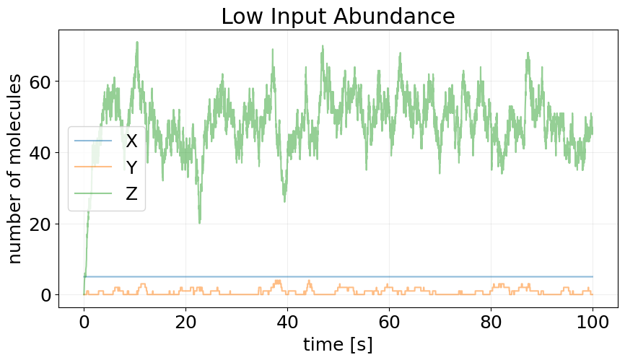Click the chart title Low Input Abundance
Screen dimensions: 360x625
[338, 16]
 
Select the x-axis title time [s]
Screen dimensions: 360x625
[338, 344]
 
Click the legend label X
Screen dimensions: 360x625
[131, 141]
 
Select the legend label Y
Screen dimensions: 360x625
[131, 167]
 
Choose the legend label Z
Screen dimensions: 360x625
[131, 193]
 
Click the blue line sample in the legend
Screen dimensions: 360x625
[93, 141]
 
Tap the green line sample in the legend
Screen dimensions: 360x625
[93, 193]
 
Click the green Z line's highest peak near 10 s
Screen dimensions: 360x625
[136, 43]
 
